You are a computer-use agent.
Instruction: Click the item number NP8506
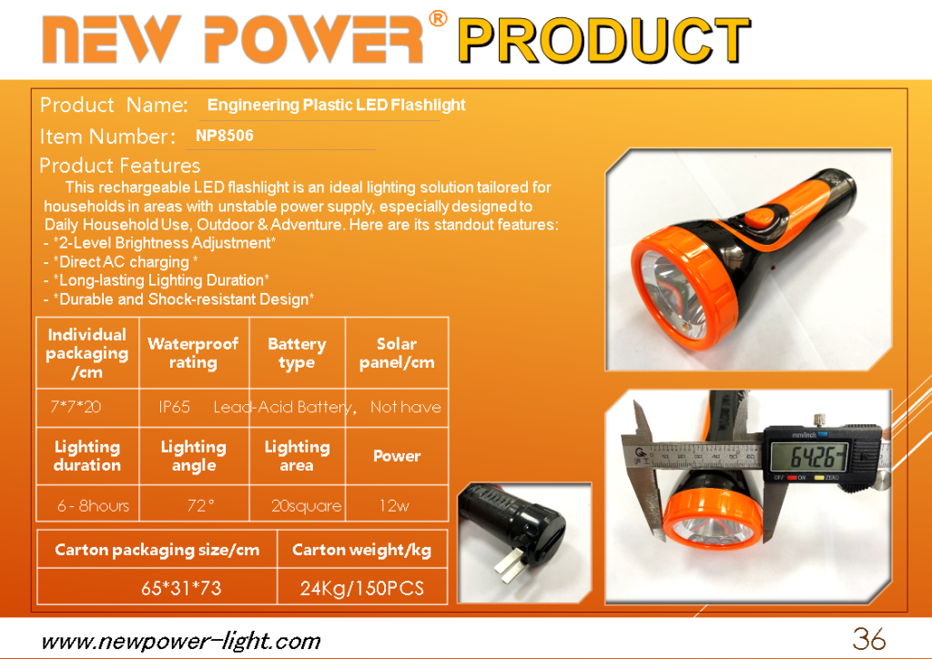point(225,136)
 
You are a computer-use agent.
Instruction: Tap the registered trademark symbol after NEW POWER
point(438,19)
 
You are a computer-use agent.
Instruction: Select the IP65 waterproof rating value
point(174,407)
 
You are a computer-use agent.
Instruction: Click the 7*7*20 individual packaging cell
point(76,407)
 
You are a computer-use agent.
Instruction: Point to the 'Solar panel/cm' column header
point(397,353)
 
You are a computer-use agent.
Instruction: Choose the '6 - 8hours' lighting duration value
point(94,506)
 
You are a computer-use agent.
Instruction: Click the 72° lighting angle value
point(200,506)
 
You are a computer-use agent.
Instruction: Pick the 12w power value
point(394,506)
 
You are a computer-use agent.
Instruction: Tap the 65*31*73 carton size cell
point(181,588)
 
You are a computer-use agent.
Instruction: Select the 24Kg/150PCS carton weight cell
point(362,588)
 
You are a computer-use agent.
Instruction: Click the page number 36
point(869,639)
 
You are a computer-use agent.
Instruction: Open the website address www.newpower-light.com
point(181,642)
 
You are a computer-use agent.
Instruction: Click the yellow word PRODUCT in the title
point(604,40)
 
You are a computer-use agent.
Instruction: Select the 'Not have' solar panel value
point(406,407)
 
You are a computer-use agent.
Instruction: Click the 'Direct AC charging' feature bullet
point(121,262)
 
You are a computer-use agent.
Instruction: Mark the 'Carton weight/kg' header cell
point(362,550)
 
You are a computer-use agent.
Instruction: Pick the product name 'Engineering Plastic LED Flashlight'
point(337,106)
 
